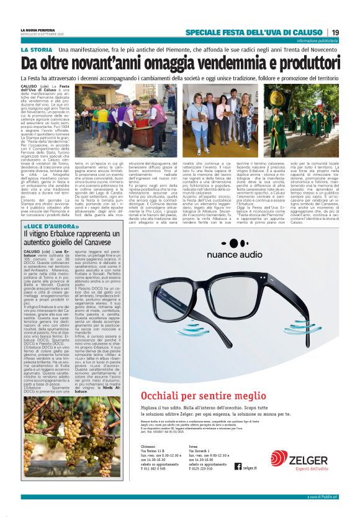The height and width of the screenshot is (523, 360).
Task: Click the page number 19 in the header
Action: click(335, 32)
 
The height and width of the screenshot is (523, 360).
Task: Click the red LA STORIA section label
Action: click(37, 49)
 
